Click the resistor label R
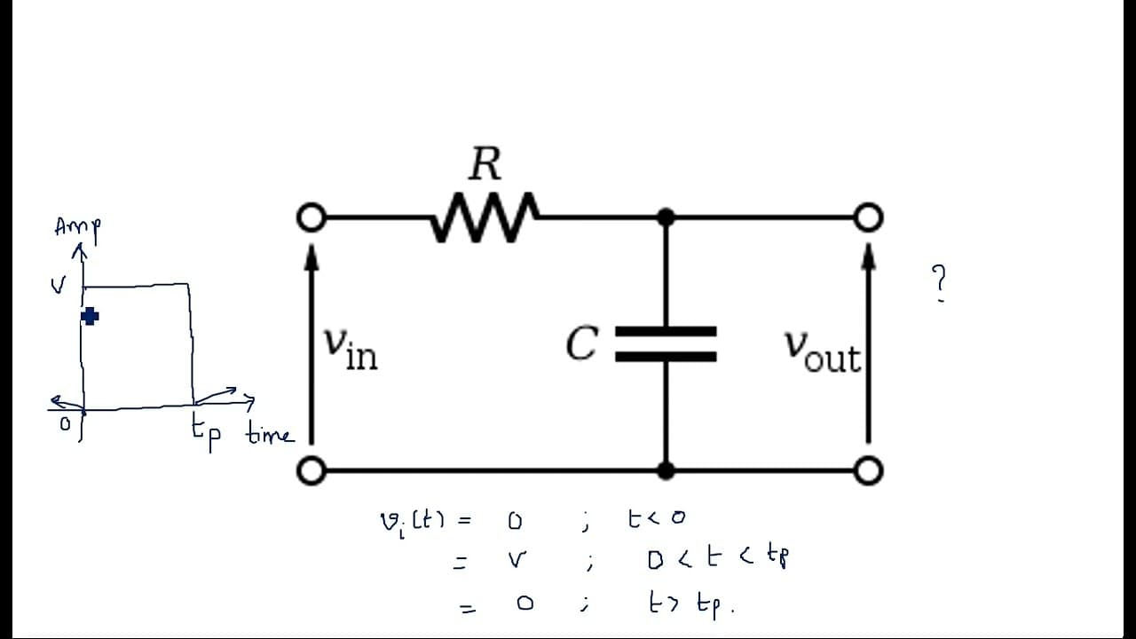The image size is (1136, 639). point(485,163)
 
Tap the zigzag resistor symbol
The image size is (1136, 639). point(485,217)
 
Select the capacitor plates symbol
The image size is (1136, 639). point(666,343)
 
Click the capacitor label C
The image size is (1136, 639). point(582,343)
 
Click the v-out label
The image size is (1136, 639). point(823,352)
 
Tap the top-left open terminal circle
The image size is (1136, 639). point(312,217)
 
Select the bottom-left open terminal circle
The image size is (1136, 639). point(312,470)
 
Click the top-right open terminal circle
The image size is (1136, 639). point(869,217)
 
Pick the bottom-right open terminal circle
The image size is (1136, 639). point(869,470)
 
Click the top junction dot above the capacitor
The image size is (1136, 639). point(666,217)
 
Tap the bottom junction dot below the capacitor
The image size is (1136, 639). point(666,470)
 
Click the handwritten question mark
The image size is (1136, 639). point(939,283)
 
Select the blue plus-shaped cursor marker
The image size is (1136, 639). point(90,317)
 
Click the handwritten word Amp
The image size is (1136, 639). point(77,229)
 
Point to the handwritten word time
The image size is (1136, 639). point(270,435)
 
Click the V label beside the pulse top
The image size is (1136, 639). point(59,286)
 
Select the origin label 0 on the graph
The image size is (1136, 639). point(65,423)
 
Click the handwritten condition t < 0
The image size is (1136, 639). point(657,518)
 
